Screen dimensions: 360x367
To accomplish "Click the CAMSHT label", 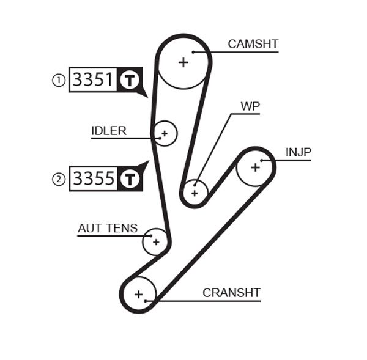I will pyautogui.click(x=253, y=44).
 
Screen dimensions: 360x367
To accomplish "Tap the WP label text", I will pyautogui.click(x=250, y=106).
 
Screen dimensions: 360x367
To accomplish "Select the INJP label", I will pyautogui.click(x=298, y=152).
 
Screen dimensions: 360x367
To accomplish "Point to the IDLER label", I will pyautogui.click(x=109, y=131).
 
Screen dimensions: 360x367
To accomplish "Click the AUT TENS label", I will pyautogui.click(x=108, y=229).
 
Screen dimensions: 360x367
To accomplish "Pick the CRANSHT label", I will pyautogui.click(x=231, y=293).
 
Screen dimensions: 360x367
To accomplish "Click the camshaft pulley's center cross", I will pyautogui.click(x=183, y=61).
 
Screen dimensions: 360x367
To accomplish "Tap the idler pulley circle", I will pyautogui.click(x=164, y=133).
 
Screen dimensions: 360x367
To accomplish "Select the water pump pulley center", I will pyautogui.click(x=195, y=193).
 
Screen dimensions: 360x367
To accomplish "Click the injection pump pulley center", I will pyautogui.click(x=254, y=166).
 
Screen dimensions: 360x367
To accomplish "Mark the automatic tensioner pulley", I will pyautogui.click(x=155, y=242).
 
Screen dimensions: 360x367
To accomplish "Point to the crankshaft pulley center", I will pyautogui.click(x=138, y=295).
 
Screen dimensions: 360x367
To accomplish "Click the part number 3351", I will pyautogui.click(x=93, y=80).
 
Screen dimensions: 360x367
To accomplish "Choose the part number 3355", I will pyautogui.click(x=93, y=179).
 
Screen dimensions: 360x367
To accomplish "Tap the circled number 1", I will pyautogui.click(x=59, y=80).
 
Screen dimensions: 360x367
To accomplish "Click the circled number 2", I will pyautogui.click(x=59, y=179).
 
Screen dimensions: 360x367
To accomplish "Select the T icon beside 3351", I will pyautogui.click(x=128, y=80).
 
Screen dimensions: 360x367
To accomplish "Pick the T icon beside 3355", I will pyautogui.click(x=128, y=179).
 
